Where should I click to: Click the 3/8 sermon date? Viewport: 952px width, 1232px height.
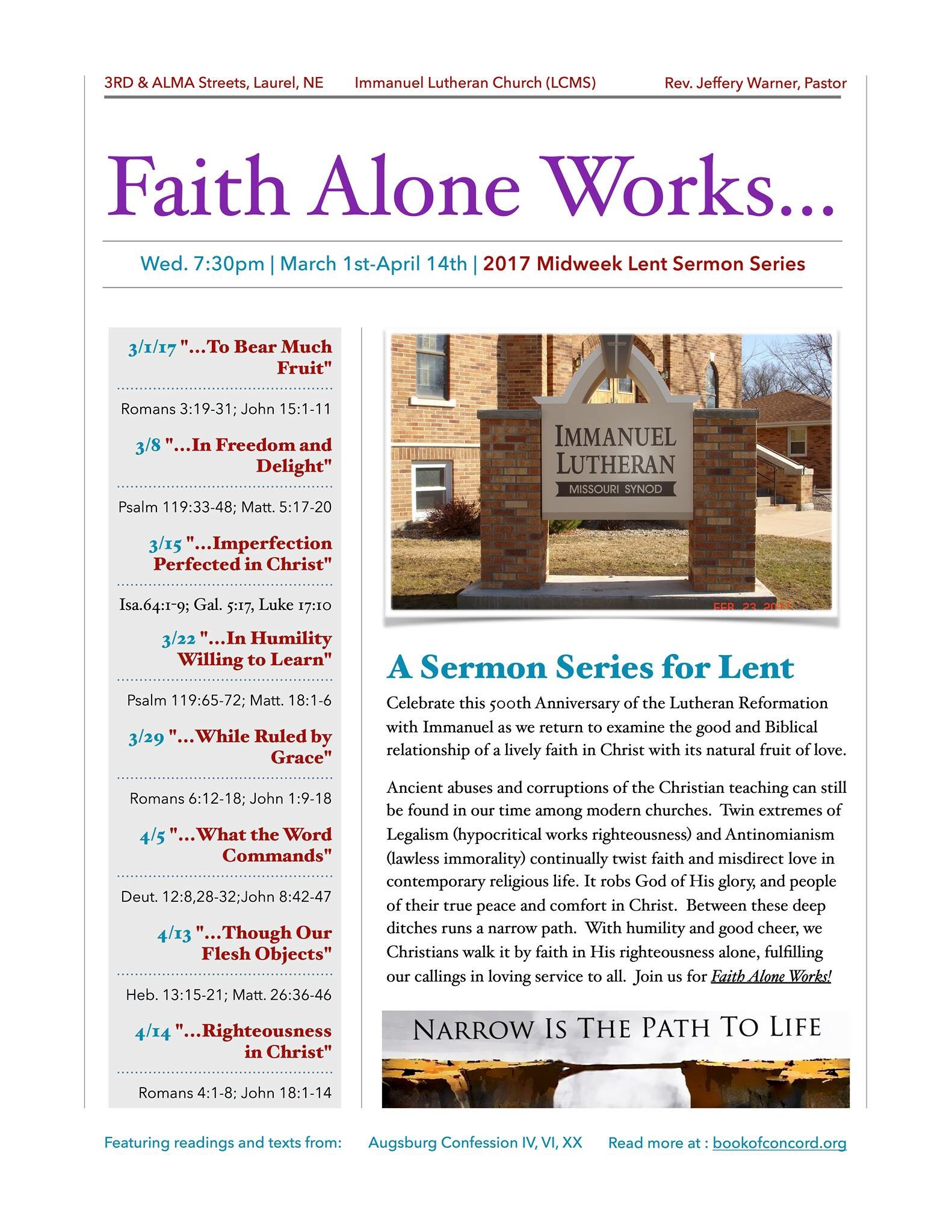(x=147, y=446)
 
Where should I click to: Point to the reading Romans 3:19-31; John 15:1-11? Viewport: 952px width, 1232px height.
(x=226, y=409)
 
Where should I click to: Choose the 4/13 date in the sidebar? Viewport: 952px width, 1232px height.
(x=174, y=934)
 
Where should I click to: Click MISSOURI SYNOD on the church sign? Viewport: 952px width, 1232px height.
(x=616, y=489)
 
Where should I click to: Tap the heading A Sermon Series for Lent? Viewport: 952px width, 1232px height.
(x=590, y=667)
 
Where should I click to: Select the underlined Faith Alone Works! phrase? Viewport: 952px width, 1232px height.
(x=770, y=976)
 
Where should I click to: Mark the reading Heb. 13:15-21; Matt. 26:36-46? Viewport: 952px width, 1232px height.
(x=229, y=995)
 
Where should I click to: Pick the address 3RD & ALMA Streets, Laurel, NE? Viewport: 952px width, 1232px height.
(x=214, y=83)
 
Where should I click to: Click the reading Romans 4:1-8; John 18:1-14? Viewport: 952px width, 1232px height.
(x=235, y=1093)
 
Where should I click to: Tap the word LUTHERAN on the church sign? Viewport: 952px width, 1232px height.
(x=615, y=464)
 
